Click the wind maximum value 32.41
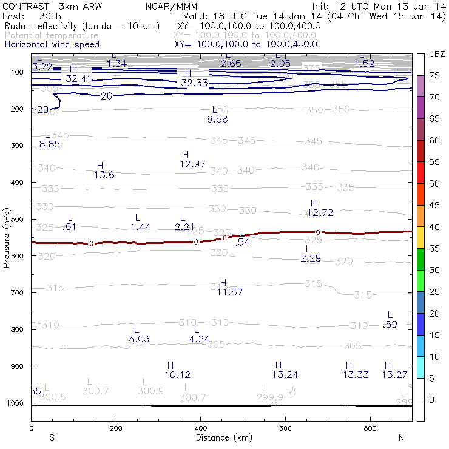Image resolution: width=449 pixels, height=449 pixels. coord(79,78)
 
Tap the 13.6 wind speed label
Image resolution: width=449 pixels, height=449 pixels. coord(104,175)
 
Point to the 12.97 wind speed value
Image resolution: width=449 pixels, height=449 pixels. coord(193,164)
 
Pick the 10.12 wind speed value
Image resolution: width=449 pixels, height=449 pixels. coord(177,374)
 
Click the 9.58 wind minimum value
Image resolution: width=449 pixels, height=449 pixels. coord(217,119)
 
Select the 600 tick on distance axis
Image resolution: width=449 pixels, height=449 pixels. coord(285,428)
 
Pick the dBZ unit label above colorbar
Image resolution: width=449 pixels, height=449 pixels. coord(436,54)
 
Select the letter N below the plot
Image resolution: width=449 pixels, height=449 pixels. coord(401,437)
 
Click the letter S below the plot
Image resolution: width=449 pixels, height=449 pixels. coord(52,437)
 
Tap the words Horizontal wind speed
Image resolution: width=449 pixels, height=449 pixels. coord(52,44)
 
